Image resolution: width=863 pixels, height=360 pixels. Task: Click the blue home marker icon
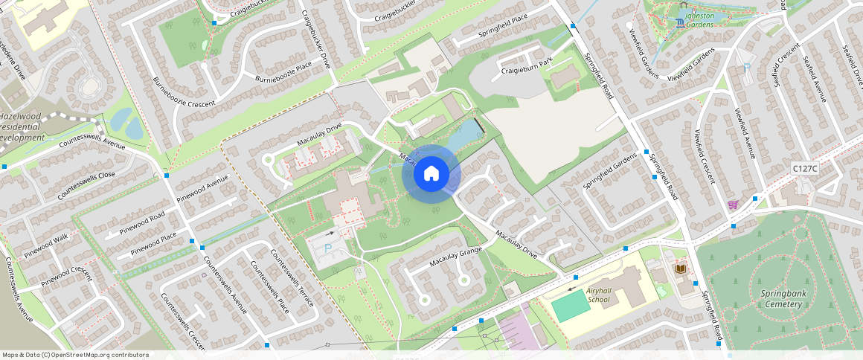tap(431, 174)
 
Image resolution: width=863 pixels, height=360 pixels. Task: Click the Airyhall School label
tap(597, 295)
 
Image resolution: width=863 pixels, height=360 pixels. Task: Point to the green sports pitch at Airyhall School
tap(571, 306)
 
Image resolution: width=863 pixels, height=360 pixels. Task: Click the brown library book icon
tap(679, 268)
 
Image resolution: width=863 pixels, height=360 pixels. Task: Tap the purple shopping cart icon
tap(733, 205)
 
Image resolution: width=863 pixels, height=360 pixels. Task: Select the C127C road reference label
tap(805, 169)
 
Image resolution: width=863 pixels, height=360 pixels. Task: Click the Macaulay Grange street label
tap(456, 257)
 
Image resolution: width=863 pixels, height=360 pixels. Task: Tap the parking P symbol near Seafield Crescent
tap(746, 68)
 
